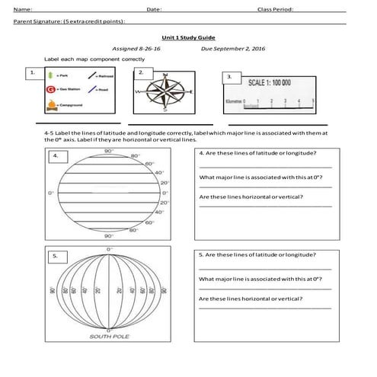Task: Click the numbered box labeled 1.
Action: tap(32, 73)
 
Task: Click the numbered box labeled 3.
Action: tap(229, 77)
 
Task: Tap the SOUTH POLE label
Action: tap(109, 335)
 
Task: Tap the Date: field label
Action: tap(153, 9)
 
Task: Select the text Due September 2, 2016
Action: tap(232, 47)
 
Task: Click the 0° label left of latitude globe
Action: tap(50, 193)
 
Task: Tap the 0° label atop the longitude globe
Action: tap(109, 249)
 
